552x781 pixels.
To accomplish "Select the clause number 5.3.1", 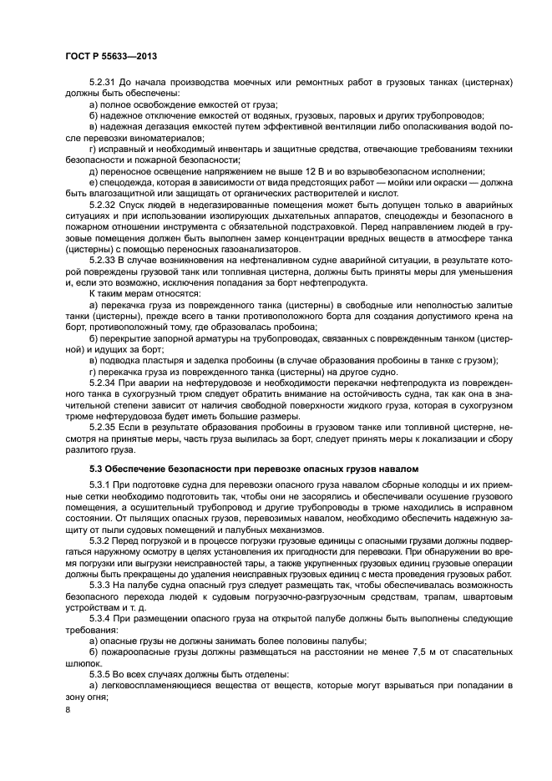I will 99,485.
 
